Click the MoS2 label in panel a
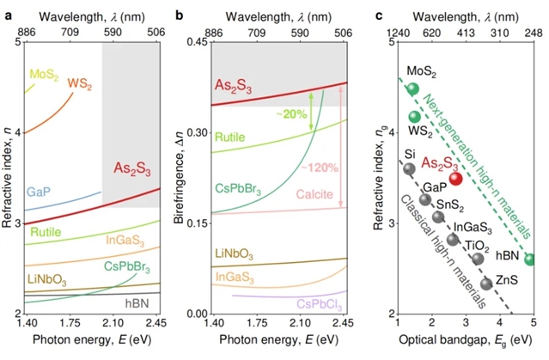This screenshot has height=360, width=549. [x=44, y=76]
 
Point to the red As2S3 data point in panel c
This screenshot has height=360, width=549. [x=456, y=179]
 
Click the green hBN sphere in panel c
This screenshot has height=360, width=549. [x=530, y=259]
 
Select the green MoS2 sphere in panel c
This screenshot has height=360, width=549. [x=412, y=88]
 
